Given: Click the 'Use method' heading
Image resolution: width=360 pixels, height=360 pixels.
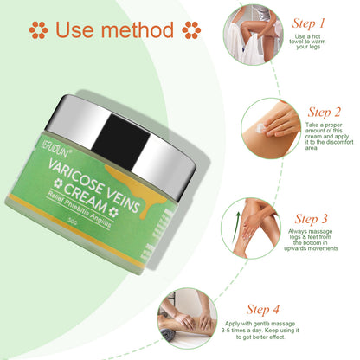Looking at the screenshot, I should pos(114,29).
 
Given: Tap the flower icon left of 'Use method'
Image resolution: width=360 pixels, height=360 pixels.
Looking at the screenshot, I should pos(37,30).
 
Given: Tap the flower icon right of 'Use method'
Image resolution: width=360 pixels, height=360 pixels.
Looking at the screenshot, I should pos(191,30).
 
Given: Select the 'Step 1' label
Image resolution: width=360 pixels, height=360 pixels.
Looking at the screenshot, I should pos(310,23).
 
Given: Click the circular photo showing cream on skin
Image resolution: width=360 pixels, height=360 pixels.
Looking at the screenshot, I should pos(270,126).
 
